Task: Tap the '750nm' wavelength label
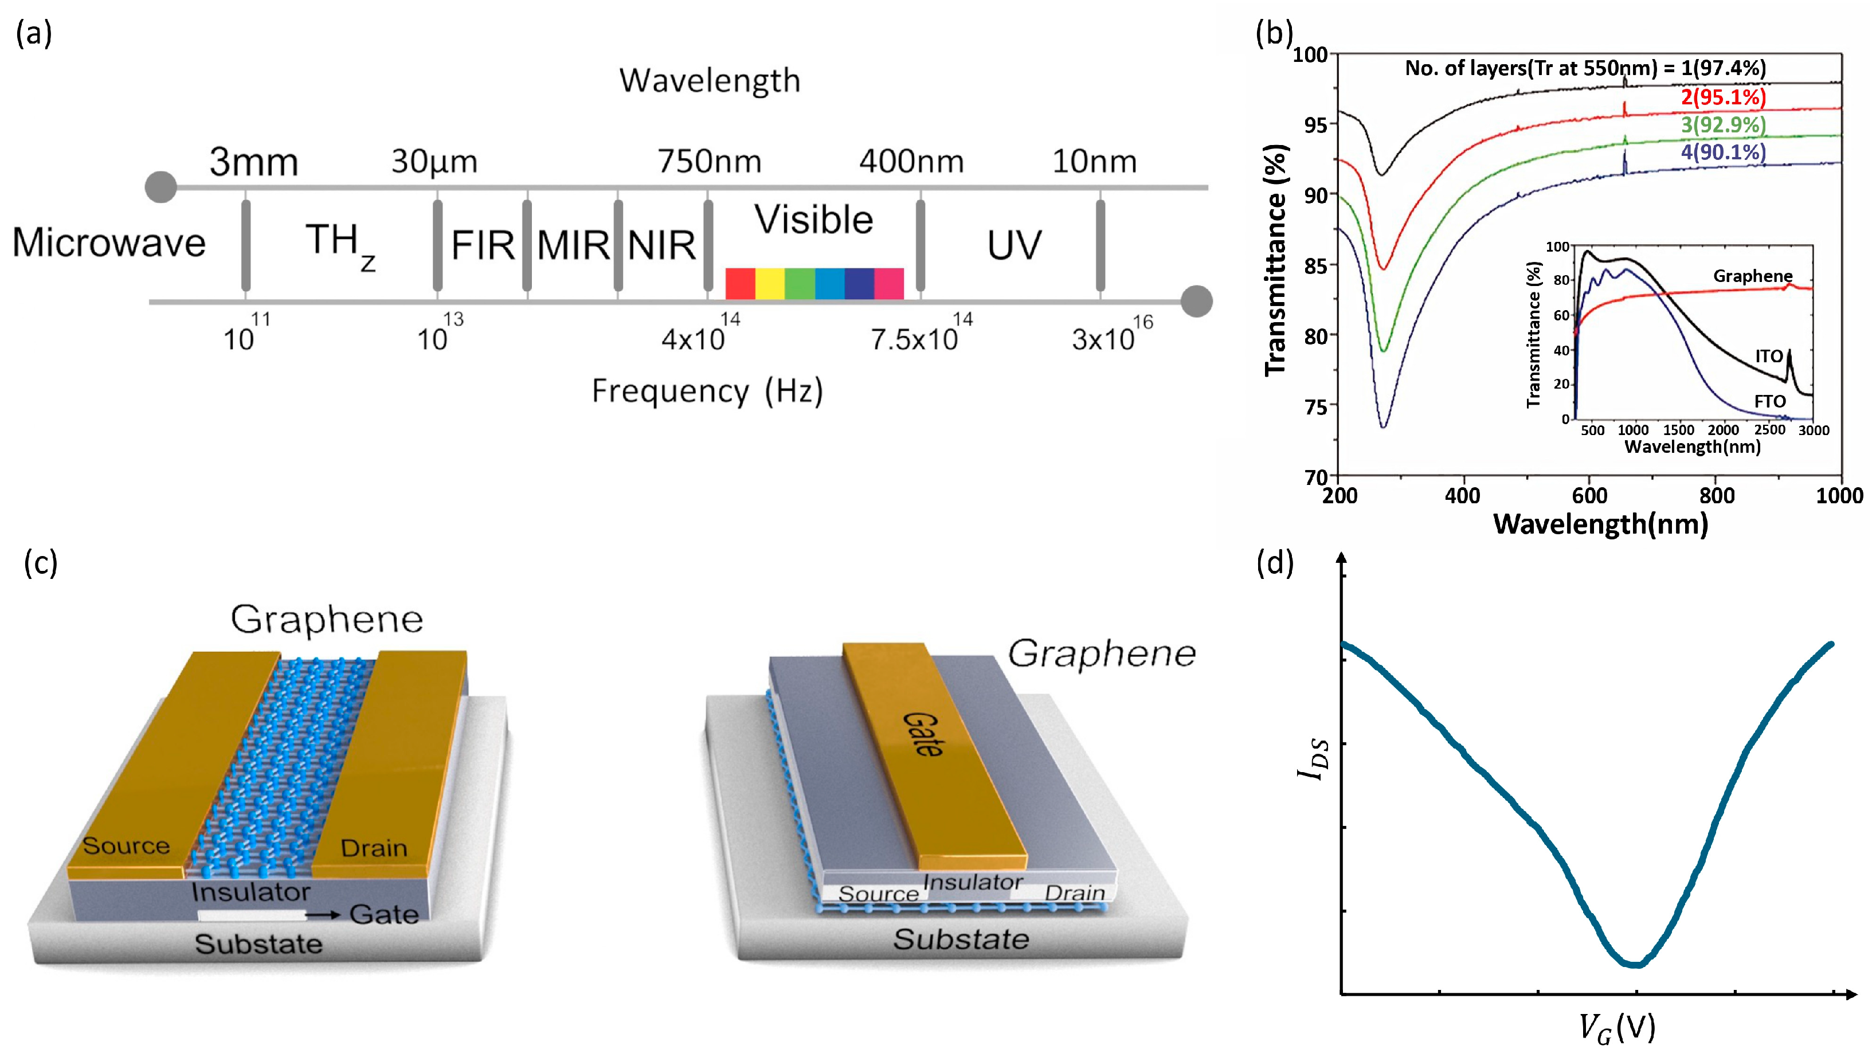point(709,161)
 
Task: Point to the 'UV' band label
point(1014,245)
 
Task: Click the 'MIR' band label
point(573,245)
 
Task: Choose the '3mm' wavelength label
point(253,162)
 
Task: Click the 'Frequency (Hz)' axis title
point(707,391)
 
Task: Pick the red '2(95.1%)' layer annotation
point(1723,97)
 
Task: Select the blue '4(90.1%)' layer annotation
point(1723,152)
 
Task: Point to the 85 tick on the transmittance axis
point(1319,265)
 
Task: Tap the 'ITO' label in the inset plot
point(1768,357)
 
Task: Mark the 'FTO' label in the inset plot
point(1769,401)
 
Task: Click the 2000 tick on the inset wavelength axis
point(1723,430)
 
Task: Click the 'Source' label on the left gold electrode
point(126,845)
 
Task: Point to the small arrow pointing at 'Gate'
point(323,914)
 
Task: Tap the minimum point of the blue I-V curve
point(1636,965)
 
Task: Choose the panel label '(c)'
point(40,563)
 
